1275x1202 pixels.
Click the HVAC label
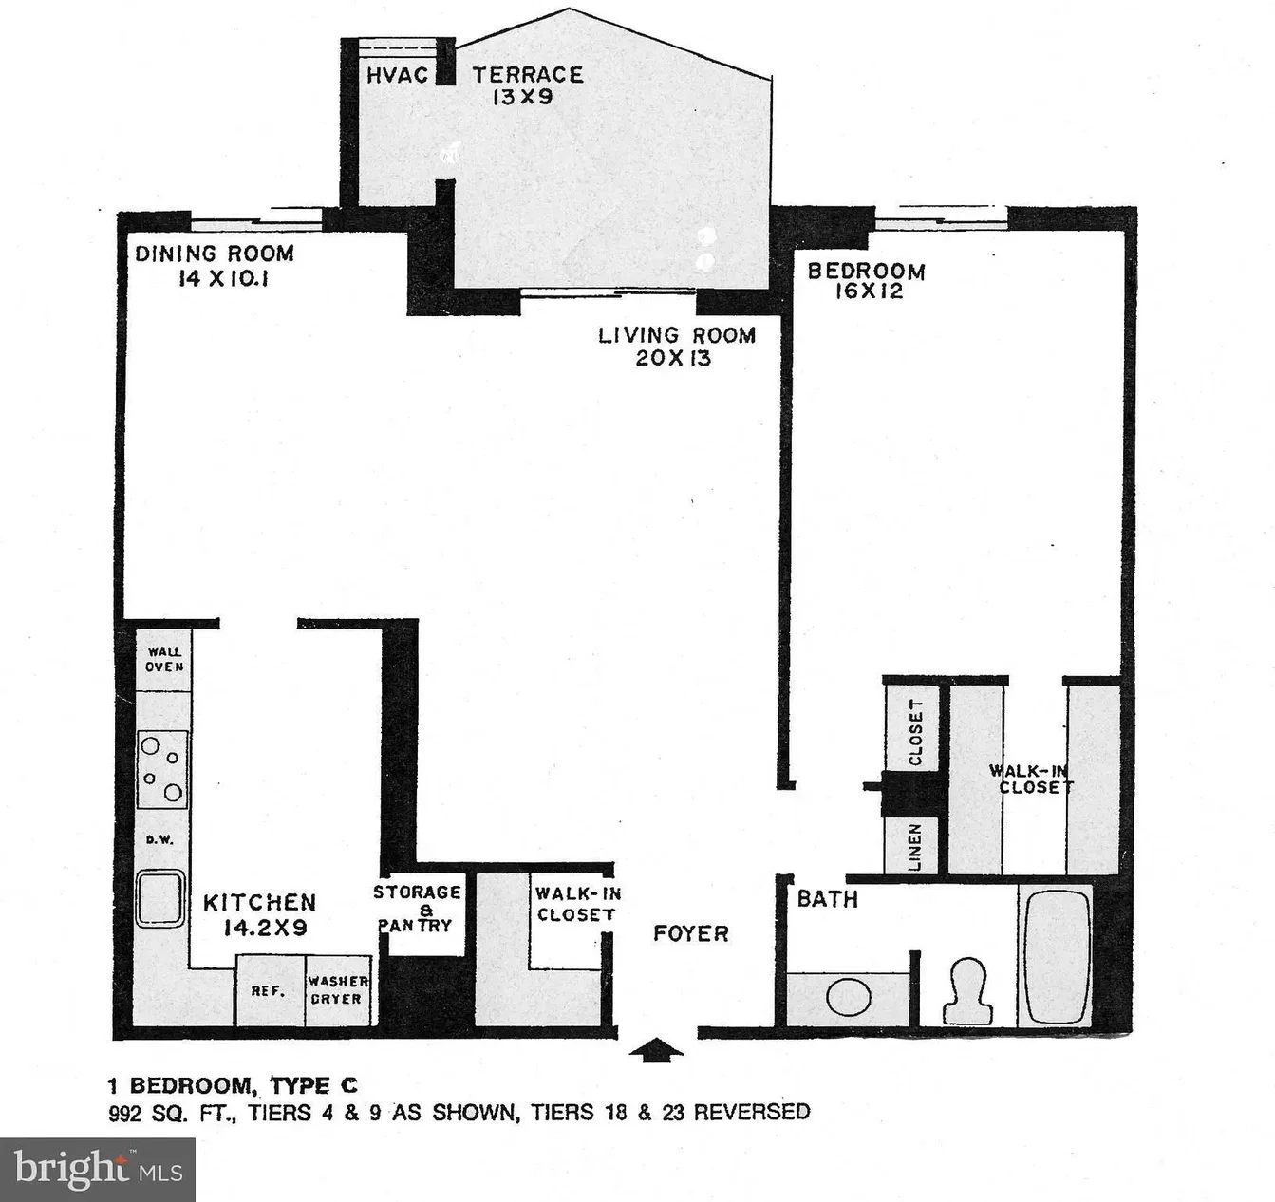tap(397, 76)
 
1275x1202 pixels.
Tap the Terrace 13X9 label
tap(528, 85)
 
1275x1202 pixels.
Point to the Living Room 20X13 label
tap(677, 347)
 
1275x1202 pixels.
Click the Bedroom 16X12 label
tap(866, 281)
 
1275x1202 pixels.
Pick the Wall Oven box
tap(163, 660)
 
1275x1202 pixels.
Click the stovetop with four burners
tap(162, 769)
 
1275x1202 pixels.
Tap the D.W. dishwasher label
tap(159, 840)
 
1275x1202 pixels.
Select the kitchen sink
tap(159, 898)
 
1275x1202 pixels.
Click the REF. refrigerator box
tap(270, 990)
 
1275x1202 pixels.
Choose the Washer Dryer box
tap(338, 990)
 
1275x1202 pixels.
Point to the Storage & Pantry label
tap(418, 909)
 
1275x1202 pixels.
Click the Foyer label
tap(691, 933)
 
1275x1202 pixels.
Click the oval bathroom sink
tap(849, 999)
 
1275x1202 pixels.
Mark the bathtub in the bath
tap(1057, 955)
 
